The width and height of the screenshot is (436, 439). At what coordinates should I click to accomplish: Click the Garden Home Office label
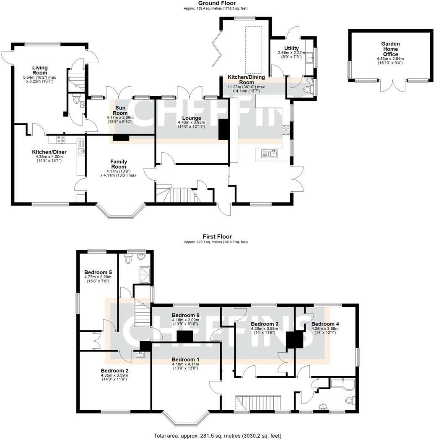[x=390, y=49]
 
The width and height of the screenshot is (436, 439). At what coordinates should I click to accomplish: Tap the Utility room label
[x=291, y=48]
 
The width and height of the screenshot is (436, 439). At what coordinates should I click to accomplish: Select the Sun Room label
[x=120, y=110]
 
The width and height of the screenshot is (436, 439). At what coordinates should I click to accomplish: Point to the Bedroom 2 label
[x=115, y=371]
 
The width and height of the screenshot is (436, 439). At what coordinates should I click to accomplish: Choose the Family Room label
[x=119, y=164]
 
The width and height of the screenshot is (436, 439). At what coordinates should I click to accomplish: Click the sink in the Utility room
[x=309, y=58]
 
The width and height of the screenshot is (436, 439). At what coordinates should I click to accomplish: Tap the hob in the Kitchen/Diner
[x=60, y=139]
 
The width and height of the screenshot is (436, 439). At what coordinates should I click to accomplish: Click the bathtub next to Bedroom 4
[x=343, y=383]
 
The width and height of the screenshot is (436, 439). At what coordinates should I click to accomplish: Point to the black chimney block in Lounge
[x=224, y=129]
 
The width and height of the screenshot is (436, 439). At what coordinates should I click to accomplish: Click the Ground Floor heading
[x=217, y=3]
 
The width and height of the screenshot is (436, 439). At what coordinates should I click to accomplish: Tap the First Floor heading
[x=217, y=236]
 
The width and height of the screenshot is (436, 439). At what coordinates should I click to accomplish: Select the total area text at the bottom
[x=218, y=436]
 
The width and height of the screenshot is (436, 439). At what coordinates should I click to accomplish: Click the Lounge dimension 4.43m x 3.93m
[x=192, y=123]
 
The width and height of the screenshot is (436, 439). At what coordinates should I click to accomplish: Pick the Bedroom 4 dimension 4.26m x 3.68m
[x=325, y=329]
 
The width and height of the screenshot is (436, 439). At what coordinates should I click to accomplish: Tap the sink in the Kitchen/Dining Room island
[x=270, y=154]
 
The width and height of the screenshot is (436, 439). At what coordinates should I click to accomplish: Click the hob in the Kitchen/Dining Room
[x=286, y=130]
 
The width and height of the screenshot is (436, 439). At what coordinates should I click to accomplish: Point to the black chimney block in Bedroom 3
[x=295, y=340]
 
